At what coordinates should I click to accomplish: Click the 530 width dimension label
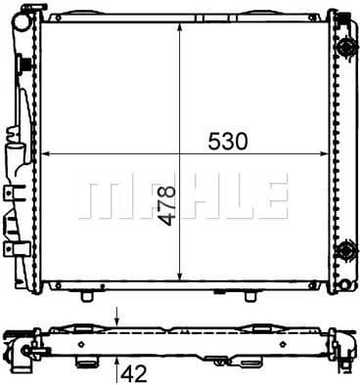pos(226,141)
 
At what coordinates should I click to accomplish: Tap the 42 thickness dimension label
pos(137,370)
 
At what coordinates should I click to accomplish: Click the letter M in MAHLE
pos(99,196)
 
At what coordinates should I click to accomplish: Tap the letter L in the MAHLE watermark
pos(230,196)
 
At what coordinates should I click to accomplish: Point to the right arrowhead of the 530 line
pos(328,153)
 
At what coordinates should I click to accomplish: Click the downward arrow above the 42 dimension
pos(118,318)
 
